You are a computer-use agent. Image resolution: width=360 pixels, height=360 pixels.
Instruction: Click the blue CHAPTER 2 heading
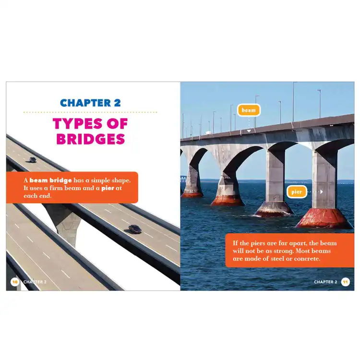point(90,103)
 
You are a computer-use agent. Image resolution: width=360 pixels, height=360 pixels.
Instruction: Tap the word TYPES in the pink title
point(77,124)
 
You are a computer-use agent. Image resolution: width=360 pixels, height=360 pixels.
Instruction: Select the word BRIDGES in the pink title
point(90,139)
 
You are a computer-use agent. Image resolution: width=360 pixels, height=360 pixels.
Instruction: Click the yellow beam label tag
point(249,110)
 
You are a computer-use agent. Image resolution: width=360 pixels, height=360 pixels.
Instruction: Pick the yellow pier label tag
point(297,192)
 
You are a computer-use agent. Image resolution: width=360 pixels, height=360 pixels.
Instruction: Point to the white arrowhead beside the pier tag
point(322,192)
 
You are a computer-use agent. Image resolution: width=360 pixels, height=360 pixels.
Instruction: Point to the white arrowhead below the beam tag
point(249,131)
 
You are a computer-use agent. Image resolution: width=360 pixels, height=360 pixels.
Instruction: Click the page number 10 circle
point(15,282)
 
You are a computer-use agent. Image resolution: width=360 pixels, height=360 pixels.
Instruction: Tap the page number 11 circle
point(345,282)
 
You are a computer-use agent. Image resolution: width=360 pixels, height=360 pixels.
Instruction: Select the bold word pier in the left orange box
point(108,188)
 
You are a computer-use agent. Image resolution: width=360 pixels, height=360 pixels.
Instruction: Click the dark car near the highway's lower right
point(135,229)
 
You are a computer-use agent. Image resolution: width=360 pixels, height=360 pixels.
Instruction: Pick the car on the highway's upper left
point(32,159)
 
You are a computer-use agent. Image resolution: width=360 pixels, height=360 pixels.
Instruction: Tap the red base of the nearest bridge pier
point(324,218)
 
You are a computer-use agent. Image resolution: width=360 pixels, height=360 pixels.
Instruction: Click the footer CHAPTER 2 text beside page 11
point(325,282)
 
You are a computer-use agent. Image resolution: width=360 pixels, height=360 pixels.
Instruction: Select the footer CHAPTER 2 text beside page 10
point(35,282)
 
